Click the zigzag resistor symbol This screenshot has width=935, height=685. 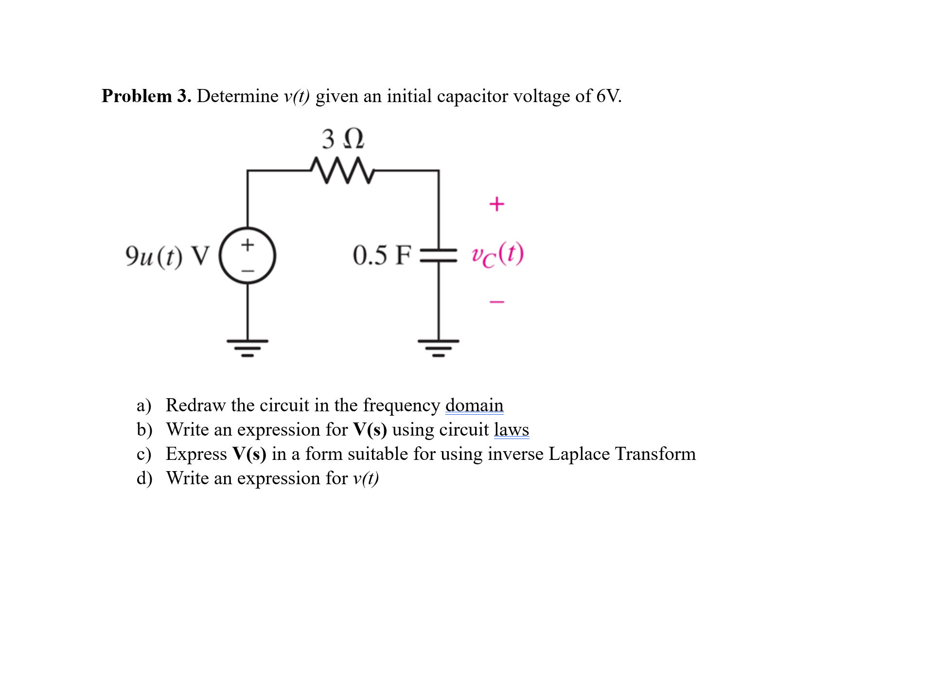pyautogui.click(x=342, y=170)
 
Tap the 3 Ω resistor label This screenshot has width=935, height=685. pyautogui.click(x=342, y=139)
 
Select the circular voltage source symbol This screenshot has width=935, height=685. pyautogui.click(x=247, y=256)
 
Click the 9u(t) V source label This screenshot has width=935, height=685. pyautogui.click(x=167, y=256)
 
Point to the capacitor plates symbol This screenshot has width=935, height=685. pyautogui.click(x=439, y=256)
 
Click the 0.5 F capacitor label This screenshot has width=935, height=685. pyautogui.click(x=382, y=255)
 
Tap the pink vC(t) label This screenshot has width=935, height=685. pyautogui.click(x=497, y=254)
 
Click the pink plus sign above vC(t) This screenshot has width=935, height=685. pyautogui.click(x=496, y=204)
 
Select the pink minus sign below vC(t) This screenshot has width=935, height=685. pyautogui.click(x=496, y=302)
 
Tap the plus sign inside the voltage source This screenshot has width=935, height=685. pyautogui.click(x=247, y=245)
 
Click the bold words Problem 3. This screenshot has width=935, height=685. pyautogui.click(x=146, y=96)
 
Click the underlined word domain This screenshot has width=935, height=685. pyautogui.click(x=474, y=405)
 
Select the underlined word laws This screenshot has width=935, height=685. pyautogui.click(x=511, y=430)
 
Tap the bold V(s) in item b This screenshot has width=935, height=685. pyautogui.click(x=370, y=430)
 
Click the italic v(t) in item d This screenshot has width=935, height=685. pyautogui.click(x=366, y=479)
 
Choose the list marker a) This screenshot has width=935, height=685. pyautogui.click(x=144, y=405)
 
